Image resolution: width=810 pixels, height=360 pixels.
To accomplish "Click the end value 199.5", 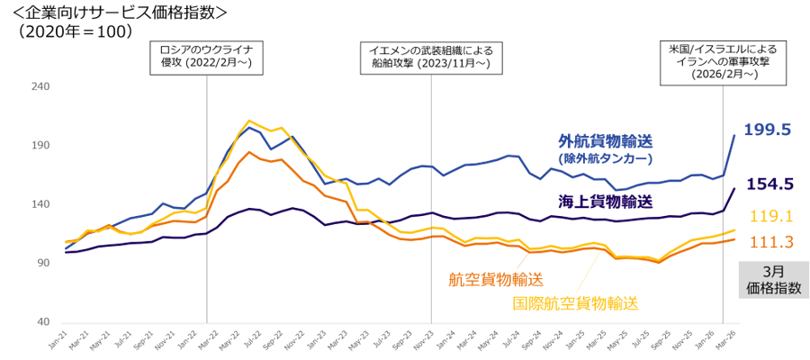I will click(x=768, y=131).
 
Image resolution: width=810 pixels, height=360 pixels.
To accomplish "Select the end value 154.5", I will click(x=768, y=184).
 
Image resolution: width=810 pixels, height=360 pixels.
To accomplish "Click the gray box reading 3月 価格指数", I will click(x=769, y=280).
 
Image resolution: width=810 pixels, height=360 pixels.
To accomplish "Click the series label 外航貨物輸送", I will click(x=604, y=141).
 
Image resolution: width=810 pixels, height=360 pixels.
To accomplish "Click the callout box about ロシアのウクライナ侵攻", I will click(x=207, y=57).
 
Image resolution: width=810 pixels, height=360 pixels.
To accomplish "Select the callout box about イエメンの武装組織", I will click(x=431, y=57).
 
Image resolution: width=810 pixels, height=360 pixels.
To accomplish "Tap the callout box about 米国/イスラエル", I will click(x=724, y=61).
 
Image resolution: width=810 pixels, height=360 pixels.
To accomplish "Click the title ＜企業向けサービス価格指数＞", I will click(x=117, y=13).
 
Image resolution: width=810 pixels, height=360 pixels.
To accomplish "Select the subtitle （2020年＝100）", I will click(x=76, y=31).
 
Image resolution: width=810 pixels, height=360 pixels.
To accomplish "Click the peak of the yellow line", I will click(x=250, y=120).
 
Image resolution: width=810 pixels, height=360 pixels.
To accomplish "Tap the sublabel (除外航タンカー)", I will click(x=604, y=157).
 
